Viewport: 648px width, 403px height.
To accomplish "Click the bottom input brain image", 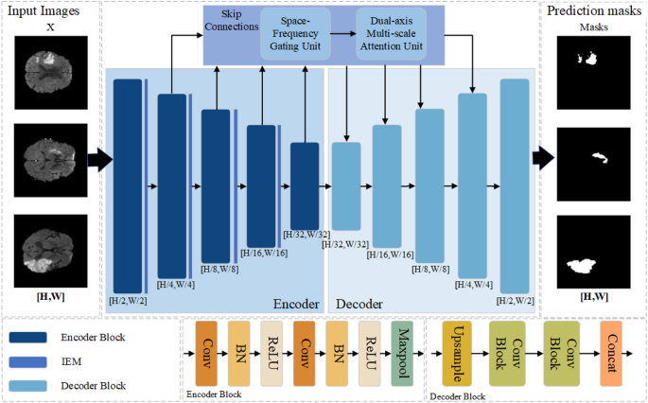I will coord(48,248).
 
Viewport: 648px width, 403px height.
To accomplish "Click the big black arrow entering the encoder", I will coord(96,157).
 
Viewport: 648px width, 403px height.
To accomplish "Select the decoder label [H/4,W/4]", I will coord(475,284).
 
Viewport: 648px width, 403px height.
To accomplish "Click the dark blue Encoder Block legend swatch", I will coord(37,336).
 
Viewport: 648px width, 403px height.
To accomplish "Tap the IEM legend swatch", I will coord(37,360).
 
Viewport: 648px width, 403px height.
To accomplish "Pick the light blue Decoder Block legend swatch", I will coord(37,385).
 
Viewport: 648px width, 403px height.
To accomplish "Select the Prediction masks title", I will coord(593,10).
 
